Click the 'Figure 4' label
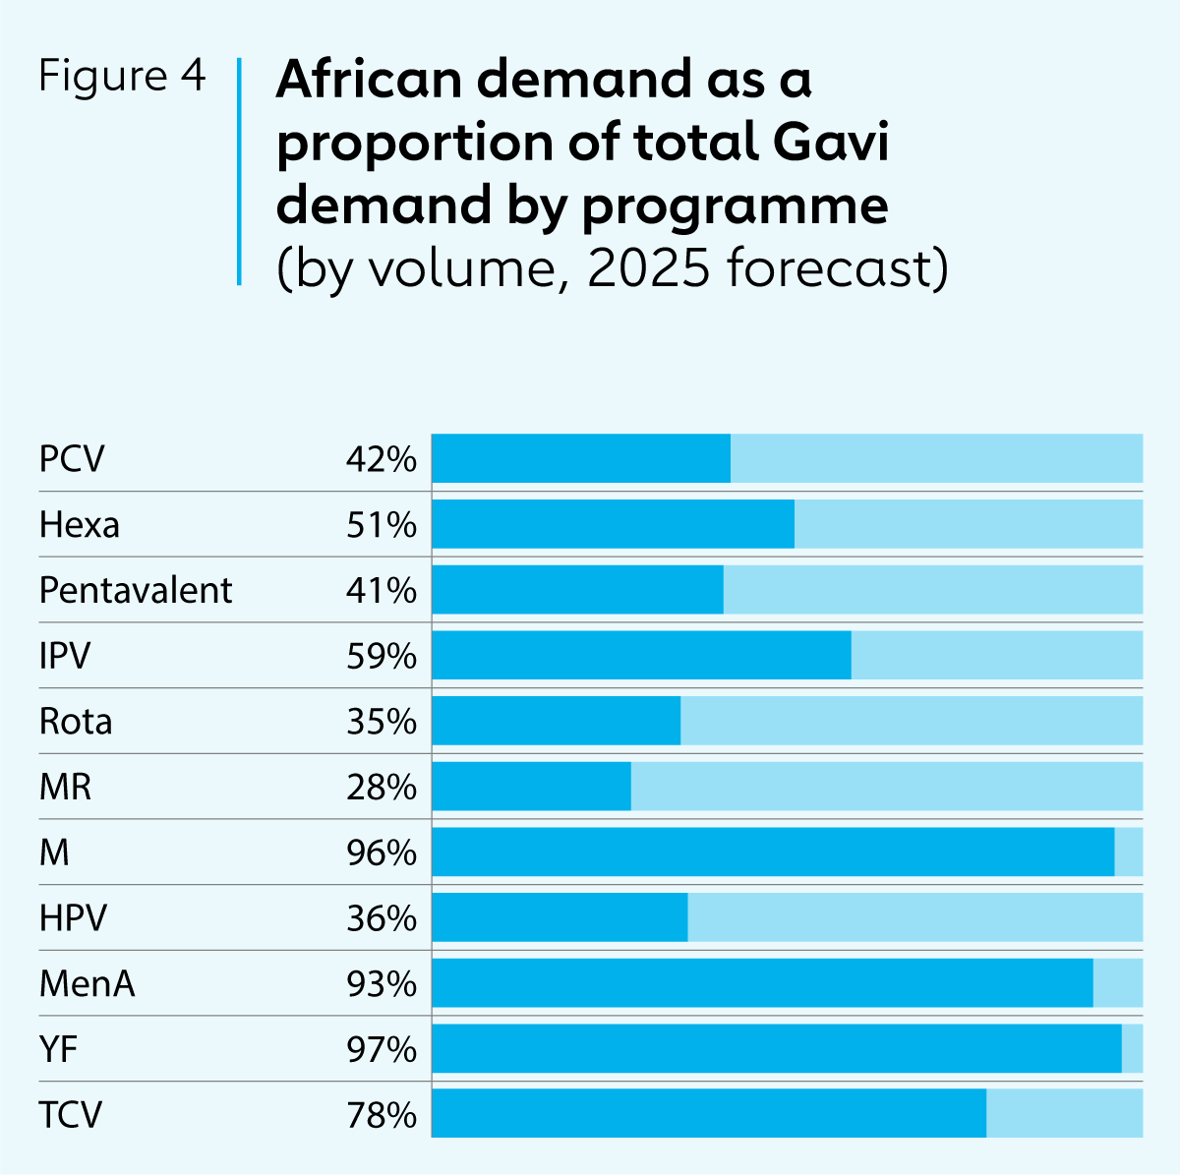122,77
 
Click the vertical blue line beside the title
239,172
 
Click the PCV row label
72,459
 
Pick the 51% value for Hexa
382,525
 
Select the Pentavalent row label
136,590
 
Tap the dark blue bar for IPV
641,655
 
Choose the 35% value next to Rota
382,722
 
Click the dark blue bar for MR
531,787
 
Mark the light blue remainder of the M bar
1129,852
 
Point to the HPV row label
73,918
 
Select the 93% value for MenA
382,983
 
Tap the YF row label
58,1050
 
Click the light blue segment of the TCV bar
1064,1113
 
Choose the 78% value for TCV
382,1115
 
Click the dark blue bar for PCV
581,458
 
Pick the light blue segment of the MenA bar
1118,983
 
